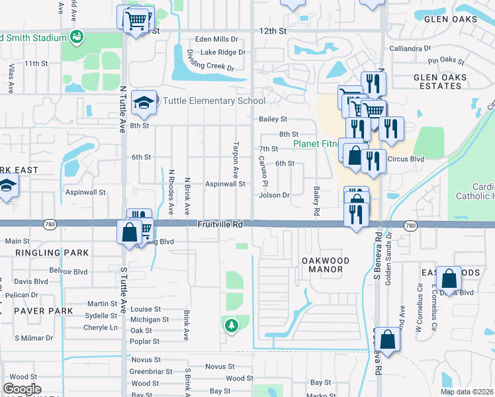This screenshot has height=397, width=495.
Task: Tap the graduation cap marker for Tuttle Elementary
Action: click(x=144, y=103)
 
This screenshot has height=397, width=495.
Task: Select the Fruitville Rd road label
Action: click(x=220, y=225)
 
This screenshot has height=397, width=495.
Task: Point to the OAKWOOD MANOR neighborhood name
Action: click(x=322, y=265)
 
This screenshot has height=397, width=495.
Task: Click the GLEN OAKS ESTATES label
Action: click(x=439, y=81)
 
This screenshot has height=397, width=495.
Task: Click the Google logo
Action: click(x=22, y=388)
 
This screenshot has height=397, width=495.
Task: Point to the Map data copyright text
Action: click(x=467, y=392)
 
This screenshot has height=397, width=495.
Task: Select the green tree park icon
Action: click(x=230, y=325)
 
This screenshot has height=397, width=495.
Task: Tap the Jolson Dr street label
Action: click(x=275, y=195)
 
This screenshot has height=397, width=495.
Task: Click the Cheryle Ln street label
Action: click(x=101, y=328)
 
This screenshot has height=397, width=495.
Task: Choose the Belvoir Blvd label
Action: click(x=69, y=271)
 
